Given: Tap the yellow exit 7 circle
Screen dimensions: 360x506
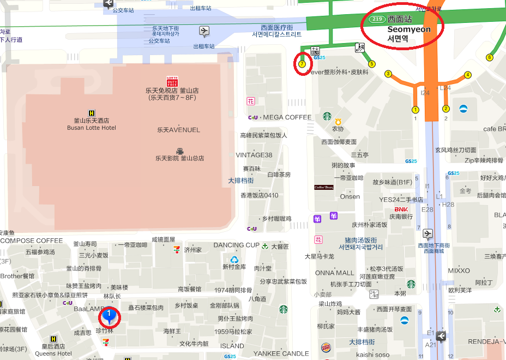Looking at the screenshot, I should tap(302, 64).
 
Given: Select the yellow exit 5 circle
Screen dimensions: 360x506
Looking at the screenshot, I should tap(372, 64).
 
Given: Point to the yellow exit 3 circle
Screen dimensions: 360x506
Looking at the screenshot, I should tap(388, 74).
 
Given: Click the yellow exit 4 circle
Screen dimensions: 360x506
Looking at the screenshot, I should tap(467, 75).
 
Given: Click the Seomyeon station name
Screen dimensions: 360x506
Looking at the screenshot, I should tap(408, 29).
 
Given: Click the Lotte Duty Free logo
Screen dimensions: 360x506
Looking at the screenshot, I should tap(172, 81).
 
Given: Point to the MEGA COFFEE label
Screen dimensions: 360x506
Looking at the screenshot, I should tap(287, 117).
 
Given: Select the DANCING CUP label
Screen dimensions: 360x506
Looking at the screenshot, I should tap(236, 245).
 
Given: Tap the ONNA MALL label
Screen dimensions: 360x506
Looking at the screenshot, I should tap(334, 273).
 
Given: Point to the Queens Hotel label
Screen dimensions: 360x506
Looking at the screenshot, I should tap(53, 353).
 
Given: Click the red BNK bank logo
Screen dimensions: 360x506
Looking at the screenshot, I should tap(401, 209).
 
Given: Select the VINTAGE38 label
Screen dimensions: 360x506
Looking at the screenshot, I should tap(254, 155).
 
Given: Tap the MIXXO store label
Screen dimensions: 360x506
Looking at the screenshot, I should tap(459, 271).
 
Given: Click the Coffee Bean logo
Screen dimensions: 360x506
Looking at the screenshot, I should tap(323, 187).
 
